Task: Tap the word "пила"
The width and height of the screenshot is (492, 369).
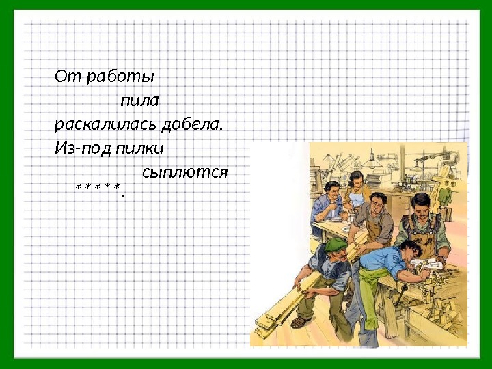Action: point(139,101)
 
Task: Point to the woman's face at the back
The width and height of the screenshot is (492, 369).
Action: point(355,181)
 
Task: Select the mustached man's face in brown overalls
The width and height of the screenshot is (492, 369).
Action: point(422,208)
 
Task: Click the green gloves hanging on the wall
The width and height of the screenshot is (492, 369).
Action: point(446,195)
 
